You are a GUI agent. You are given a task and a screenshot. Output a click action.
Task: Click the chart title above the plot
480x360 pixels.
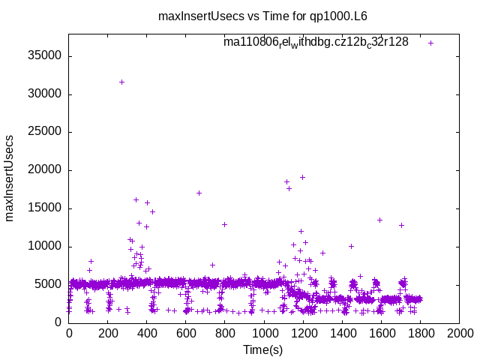pyautogui.click(x=262, y=15)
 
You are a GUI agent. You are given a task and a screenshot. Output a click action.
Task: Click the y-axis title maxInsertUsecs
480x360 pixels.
pyautogui.click(x=10, y=178)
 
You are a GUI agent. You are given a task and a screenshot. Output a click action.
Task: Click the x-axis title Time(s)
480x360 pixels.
pyautogui.click(x=262, y=349)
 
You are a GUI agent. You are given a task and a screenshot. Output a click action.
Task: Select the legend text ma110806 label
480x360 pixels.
pyautogui.click(x=316, y=42)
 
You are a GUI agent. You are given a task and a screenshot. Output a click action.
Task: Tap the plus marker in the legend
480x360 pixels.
pyautogui.click(x=430, y=43)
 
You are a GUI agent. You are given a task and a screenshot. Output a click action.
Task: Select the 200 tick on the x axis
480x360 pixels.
pyautogui.click(x=108, y=334)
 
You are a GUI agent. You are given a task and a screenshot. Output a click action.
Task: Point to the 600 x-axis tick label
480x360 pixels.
pyautogui.click(x=186, y=334)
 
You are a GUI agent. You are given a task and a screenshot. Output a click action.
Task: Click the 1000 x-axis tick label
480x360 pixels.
pyautogui.click(x=264, y=334)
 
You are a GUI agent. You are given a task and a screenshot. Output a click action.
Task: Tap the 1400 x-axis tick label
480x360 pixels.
pyautogui.click(x=342, y=334)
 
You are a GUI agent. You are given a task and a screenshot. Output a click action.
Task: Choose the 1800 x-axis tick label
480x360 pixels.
pyautogui.click(x=420, y=334)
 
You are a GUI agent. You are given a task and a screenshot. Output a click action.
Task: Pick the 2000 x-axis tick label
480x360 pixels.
pyautogui.click(x=459, y=334)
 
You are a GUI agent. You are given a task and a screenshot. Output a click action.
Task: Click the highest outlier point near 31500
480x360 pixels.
pyautogui.click(x=121, y=82)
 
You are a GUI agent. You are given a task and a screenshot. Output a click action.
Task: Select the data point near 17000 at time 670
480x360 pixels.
pyautogui.click(x=199, y=193)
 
